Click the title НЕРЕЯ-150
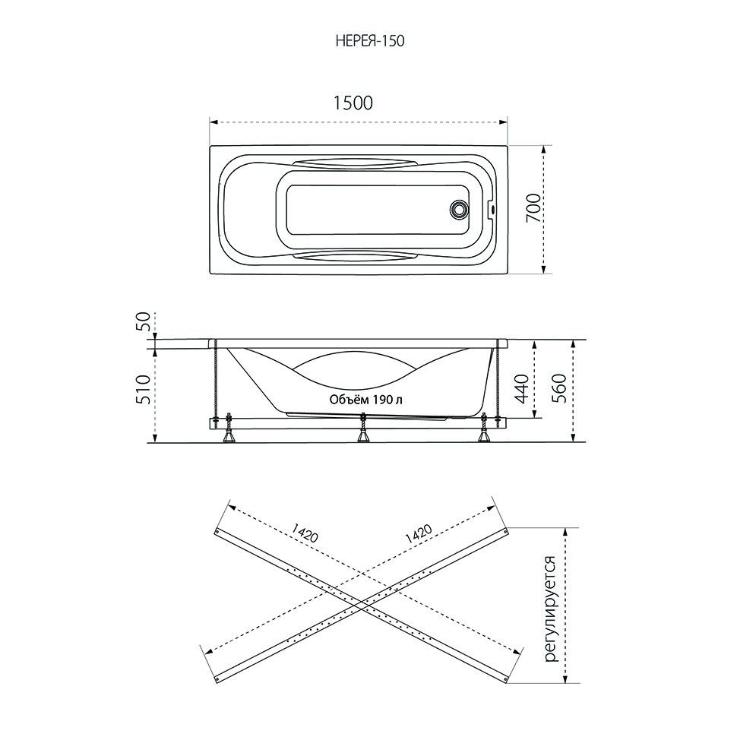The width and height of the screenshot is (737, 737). [x=370, y=41]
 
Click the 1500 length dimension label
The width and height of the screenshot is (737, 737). [x=353, y=103]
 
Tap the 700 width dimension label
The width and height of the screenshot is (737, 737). [x=533, y=208]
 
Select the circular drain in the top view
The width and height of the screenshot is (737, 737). [x=458, y=209]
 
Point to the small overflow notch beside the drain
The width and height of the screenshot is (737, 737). [x=492, y=209]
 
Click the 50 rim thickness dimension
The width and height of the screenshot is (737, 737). [x=144, y=322]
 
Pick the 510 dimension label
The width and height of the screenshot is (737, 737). [x=144, y=389]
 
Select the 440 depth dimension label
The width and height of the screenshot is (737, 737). [x=522, y=389]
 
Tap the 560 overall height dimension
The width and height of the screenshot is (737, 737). [x=559, y=389]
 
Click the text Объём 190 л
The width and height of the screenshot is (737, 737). [x=365, y=400]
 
